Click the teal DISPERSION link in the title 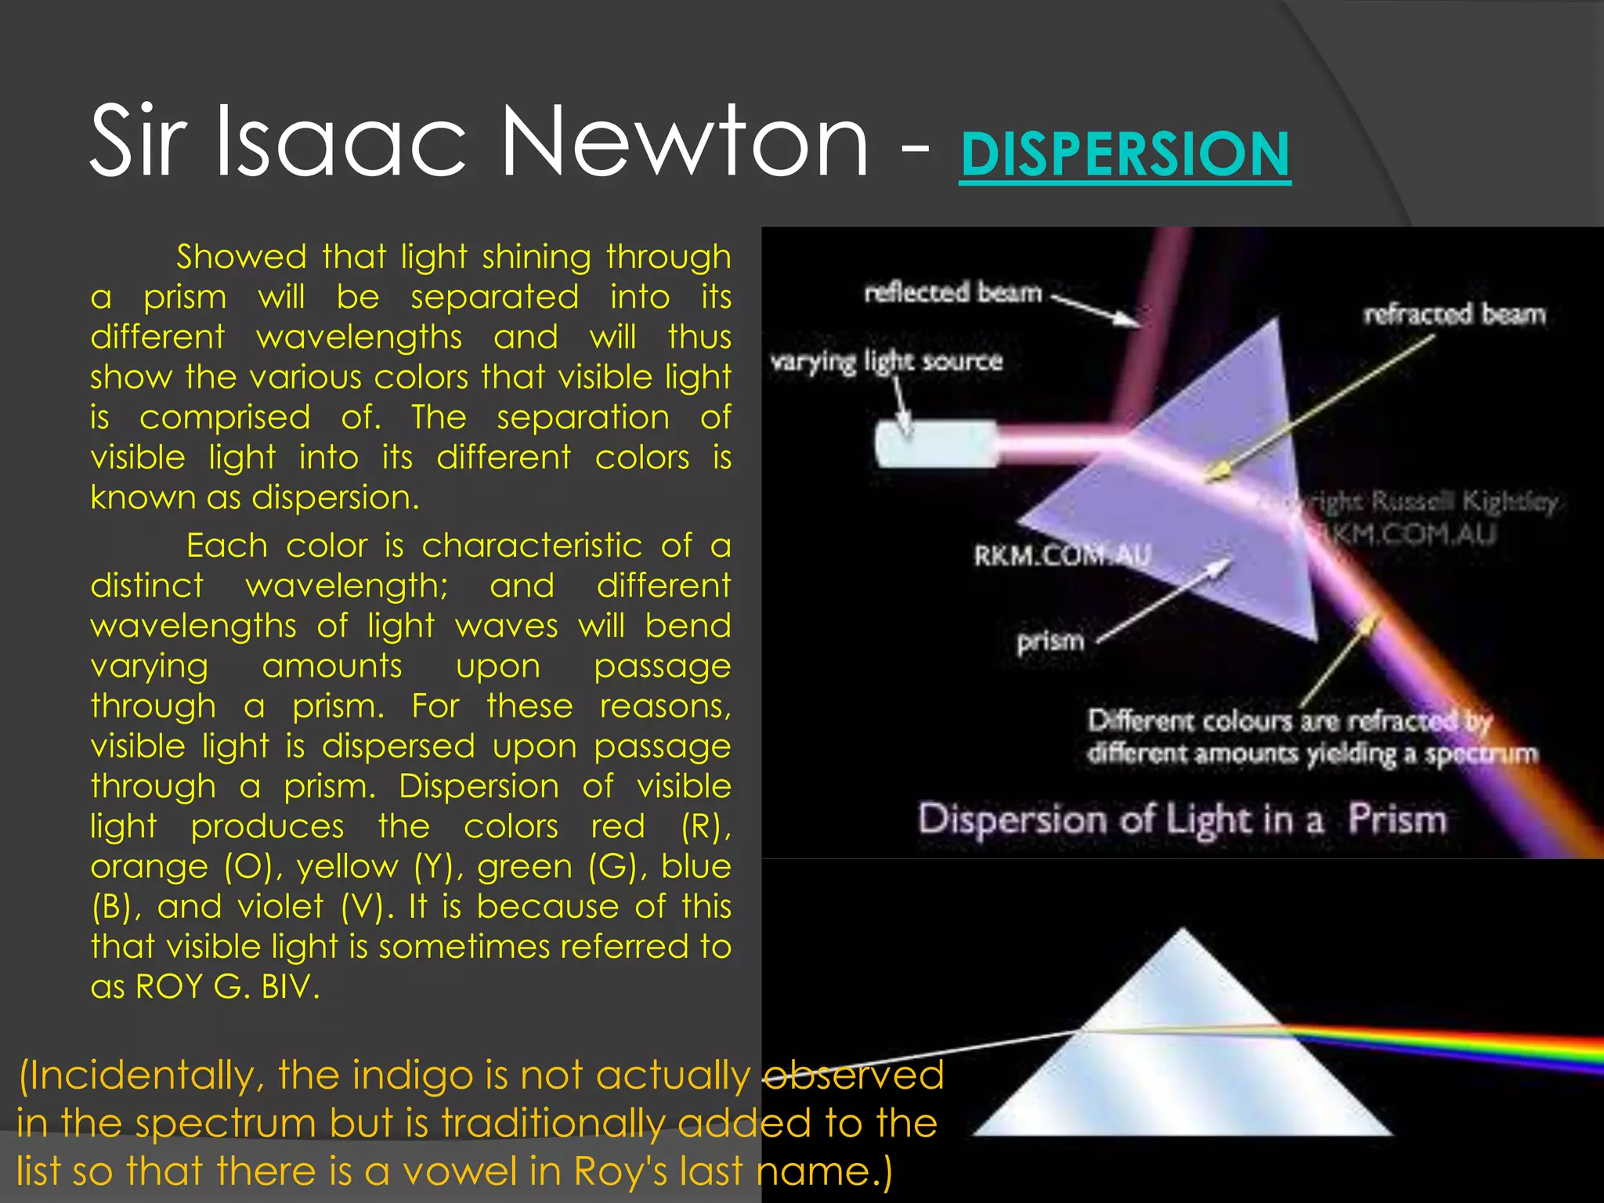(1125, 154)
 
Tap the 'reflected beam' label (953, 293)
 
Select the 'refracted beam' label (1454, 314)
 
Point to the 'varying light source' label (886, 361)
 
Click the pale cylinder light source (936, 444)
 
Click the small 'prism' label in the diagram (1050, 641)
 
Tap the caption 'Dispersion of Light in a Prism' (1182, 820)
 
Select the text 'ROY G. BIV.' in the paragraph (228, 987)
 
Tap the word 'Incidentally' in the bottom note (145, 1075)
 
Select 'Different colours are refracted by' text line (1289, 721)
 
